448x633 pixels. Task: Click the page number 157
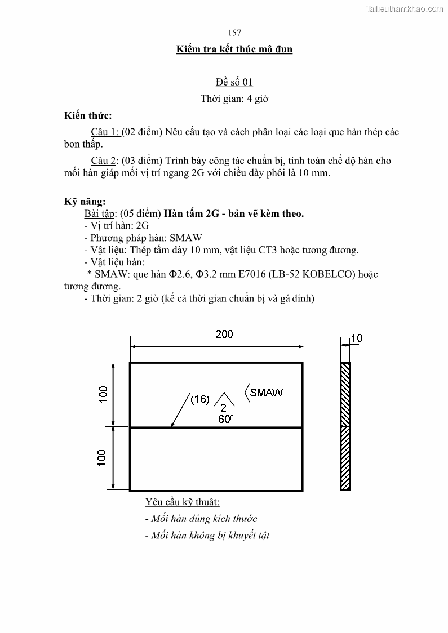point(235,33)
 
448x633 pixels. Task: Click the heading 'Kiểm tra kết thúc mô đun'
point(234,50)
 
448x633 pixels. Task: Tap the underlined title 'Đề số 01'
point(234,82)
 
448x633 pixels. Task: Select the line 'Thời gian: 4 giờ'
point(234,99)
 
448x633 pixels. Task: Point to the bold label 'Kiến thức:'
point(88,116)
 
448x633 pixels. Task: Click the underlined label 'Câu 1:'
point(105,132)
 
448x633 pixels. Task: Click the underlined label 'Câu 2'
point(104,161)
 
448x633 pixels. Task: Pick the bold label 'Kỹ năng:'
point(85,202)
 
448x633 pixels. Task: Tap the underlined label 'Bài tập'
point(100,214)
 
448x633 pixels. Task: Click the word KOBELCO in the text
point(330,274)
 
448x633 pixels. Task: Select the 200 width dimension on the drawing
point(224,335)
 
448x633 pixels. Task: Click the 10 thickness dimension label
point(357,338)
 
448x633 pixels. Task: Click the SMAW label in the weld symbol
point(266,393)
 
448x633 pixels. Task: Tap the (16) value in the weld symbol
point(199,399)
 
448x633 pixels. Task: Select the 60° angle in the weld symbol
point(225,419)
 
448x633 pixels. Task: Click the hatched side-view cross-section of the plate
point(345,426)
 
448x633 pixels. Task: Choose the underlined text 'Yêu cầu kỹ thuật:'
point(182,502)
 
